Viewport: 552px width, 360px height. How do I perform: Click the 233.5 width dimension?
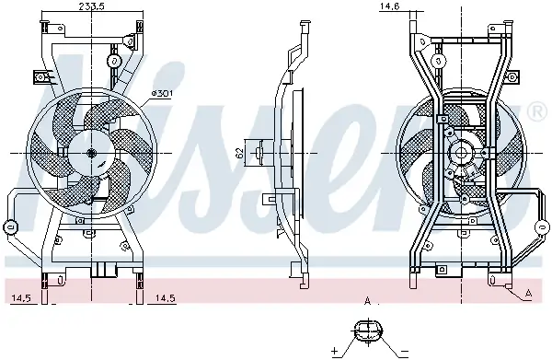(x=89, y=6)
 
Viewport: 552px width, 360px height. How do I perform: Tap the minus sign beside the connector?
(x=403, y=351)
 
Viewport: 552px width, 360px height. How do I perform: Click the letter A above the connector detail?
(x=367, y=301)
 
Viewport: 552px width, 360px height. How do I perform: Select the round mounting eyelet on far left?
(x=11, y=226)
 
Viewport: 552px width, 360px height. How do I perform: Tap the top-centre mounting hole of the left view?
(x=113, y=61)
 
